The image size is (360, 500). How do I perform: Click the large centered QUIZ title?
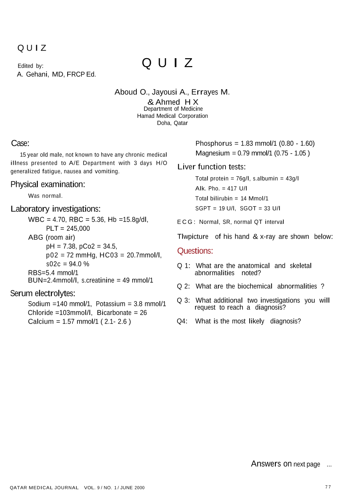167,63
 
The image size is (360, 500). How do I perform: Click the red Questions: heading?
195,251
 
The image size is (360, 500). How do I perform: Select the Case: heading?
20,144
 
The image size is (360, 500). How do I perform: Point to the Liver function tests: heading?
212,167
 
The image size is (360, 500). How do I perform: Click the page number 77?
328,487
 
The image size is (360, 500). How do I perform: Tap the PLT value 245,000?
78,228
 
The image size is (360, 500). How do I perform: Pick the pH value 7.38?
70,246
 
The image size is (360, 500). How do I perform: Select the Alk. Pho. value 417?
232,188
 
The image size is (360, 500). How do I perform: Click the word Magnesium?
212,153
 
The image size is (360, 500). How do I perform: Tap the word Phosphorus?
214,144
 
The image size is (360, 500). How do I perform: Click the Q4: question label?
182,321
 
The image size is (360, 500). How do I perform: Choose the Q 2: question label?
183,287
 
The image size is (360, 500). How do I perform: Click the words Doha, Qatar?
172,123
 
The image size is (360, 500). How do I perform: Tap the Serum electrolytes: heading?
43,293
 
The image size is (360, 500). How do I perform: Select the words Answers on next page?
285,464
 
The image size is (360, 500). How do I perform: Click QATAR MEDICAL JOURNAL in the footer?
44,488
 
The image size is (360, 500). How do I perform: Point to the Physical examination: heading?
48,184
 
